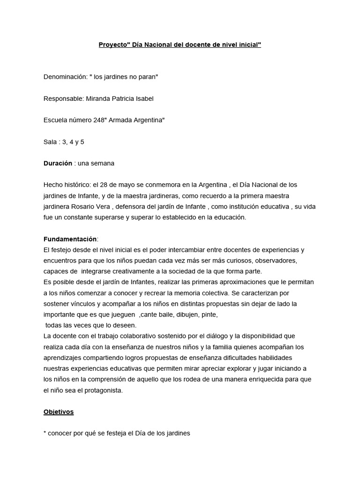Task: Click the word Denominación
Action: click(x=64, y=77)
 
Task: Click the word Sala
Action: click(x=50, y=142)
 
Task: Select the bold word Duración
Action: click(x=58, y=163)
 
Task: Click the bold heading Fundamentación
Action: click(x=69, y=239)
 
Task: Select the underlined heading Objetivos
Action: click(x=59, y=412)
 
